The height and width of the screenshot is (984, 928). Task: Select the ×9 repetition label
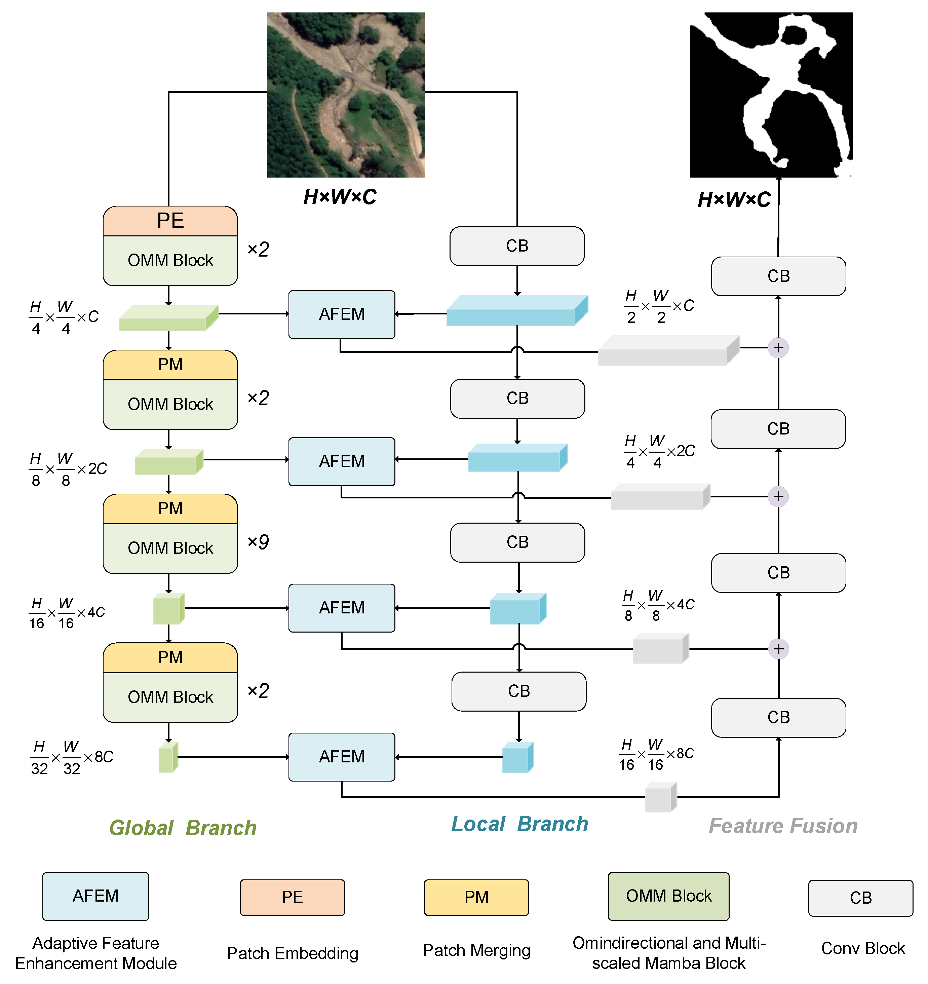point(258,542)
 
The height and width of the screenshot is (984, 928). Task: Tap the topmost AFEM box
point(342,314)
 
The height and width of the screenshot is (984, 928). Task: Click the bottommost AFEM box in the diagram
point(342,757)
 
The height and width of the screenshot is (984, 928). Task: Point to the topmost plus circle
point(778,348)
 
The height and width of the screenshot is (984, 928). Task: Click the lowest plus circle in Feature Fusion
point(778,649)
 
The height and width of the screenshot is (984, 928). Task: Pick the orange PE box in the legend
point(292,897)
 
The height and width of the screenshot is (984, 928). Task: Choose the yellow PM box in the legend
point(476,897)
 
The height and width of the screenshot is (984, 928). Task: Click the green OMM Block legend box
point(668,896)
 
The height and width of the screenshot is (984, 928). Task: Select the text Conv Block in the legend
point(863,948)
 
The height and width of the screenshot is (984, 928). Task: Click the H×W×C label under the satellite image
point(340,197)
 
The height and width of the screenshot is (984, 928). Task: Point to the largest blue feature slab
point(516,312)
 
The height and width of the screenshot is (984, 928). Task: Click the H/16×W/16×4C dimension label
point(66,613)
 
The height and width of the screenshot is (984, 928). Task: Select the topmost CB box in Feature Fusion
point(778,276)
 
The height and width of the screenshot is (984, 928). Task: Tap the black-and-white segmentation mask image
point(771,95)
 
